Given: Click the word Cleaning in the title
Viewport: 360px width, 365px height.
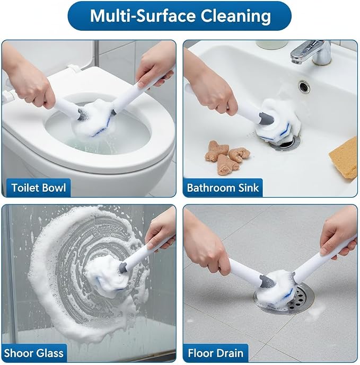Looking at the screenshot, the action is click(235, 16).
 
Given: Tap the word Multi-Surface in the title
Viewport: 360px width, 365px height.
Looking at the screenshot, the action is click(143, 16).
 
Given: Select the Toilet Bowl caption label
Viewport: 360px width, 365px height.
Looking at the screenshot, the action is click(39, 188).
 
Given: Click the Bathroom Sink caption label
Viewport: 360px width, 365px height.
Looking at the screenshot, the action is click(223, 188).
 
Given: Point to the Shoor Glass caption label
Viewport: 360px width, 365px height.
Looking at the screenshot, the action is click(34, 353).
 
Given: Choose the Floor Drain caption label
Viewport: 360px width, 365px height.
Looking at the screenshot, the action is click(216, 353).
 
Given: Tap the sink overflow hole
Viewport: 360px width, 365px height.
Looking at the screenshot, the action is click(304, 86).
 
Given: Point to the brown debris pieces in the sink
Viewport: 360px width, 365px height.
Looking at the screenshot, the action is click(227, 157).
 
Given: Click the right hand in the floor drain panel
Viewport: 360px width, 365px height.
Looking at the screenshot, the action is click(338, 233).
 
